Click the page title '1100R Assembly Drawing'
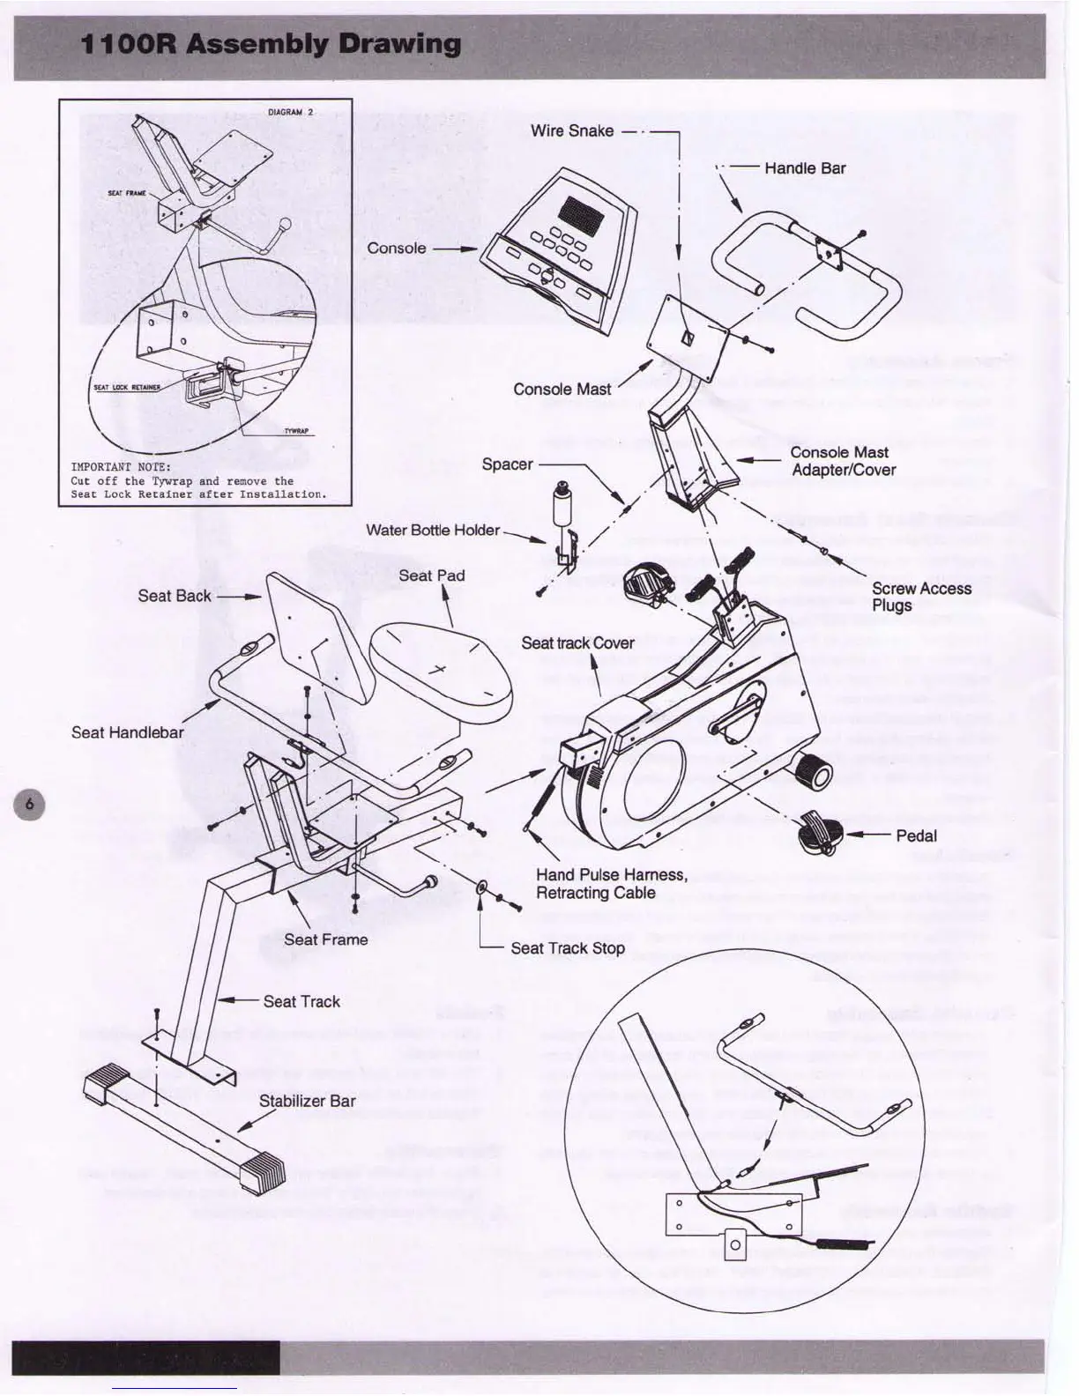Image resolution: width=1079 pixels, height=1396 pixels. pyautogui.click(x=271, y=44)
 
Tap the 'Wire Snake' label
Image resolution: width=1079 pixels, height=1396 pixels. pyautogui.click(x=572, y=130)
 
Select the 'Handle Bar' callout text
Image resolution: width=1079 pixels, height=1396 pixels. pyautogui.click(x=805, y=168)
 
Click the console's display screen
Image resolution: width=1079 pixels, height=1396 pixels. pyautogui.click(x=580, y=212)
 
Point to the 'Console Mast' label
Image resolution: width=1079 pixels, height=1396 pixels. pyautogui.click(x=562, y=389)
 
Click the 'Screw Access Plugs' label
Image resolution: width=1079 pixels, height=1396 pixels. pyautogui.click(x=921, y=597)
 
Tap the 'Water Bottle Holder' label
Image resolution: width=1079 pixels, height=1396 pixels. pyautogui.click(x=433, y=530)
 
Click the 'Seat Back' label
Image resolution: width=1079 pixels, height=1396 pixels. pyautogui.click(x=175, y=596)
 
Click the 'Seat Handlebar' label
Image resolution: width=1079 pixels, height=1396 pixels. pyautogui.click(x=128, y=732)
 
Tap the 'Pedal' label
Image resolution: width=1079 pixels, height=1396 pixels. pyautogui.click(x=916, y=835)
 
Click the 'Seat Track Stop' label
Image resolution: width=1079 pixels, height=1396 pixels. pyautogui.click(x=568, y=948)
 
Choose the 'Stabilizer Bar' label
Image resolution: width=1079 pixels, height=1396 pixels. pyautogui.click(x=307, y=1101)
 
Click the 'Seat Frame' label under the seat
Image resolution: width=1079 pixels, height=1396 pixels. pyautogui.click(x=325, y=939)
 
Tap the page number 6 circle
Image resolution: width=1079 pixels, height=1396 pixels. pyautogui.click(x=30, y=804)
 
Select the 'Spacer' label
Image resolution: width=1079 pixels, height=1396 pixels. pyautogui.click(x=507, y=464)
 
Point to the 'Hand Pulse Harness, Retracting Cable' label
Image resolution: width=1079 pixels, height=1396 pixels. pyautogui.click(x=611, y=883)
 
